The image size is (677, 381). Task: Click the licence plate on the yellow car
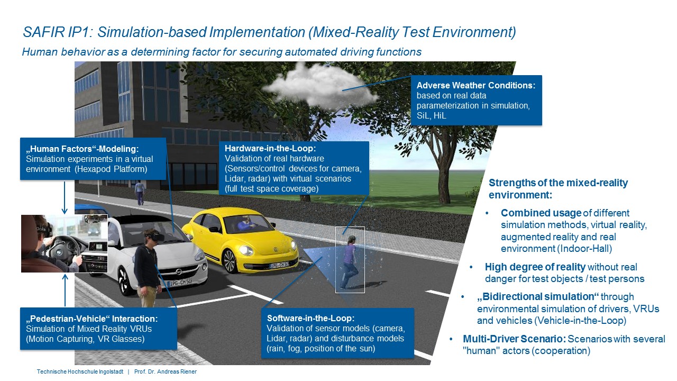(x=279, y=265)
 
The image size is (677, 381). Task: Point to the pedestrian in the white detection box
(x=349, y=262)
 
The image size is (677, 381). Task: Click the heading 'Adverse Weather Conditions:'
(x=476, y=85)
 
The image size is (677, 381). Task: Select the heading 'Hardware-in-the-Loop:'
(x=270, y=148)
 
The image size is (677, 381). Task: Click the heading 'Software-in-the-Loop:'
(x=310, y=318)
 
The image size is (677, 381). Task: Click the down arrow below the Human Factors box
(x=65, y=197)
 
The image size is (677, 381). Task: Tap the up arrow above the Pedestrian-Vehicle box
(x=65, y=291)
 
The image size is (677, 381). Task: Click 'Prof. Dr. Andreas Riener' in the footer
(x=166, y=371)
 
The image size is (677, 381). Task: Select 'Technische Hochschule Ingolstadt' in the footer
(x=80, y=371)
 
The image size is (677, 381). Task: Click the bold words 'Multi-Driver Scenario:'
(x=515, y=339)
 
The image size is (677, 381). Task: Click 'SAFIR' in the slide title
(x=44, y=32)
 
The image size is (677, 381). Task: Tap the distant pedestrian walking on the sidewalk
(x=139, y=192)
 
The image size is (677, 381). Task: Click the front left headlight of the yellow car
(x=246, y=250)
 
